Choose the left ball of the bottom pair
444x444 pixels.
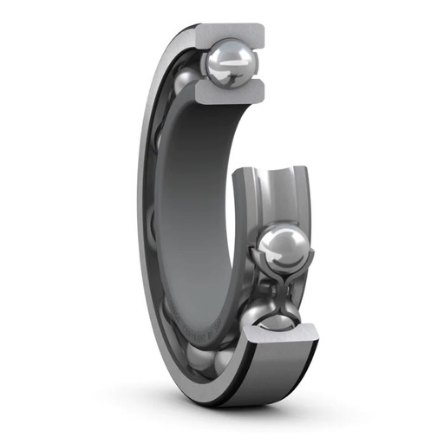pos(201,359)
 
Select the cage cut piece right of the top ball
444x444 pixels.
pos(258,62)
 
